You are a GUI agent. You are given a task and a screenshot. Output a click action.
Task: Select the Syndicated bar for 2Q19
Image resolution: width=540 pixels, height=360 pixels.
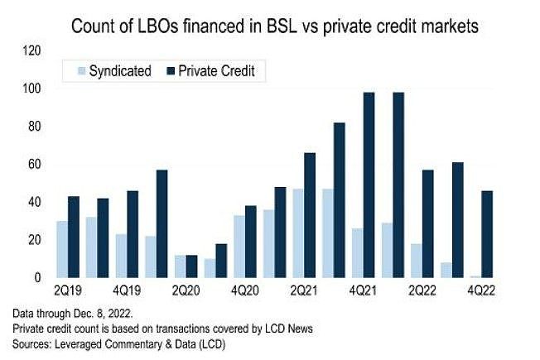tap(62, 249)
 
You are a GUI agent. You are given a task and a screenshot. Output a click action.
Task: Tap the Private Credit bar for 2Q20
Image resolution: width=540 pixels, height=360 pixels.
tap(192, 266)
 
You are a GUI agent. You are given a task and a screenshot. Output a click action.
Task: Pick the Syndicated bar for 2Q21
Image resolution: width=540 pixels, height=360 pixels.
tap(297, 233)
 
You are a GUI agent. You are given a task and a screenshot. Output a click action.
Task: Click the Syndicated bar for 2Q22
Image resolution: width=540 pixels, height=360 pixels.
tap(417, 261)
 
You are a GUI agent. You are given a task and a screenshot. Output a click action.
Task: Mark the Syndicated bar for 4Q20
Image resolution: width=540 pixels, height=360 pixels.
tap(239, 247)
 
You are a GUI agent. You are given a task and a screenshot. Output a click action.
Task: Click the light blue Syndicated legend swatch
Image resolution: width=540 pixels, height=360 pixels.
tap(72, 70)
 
